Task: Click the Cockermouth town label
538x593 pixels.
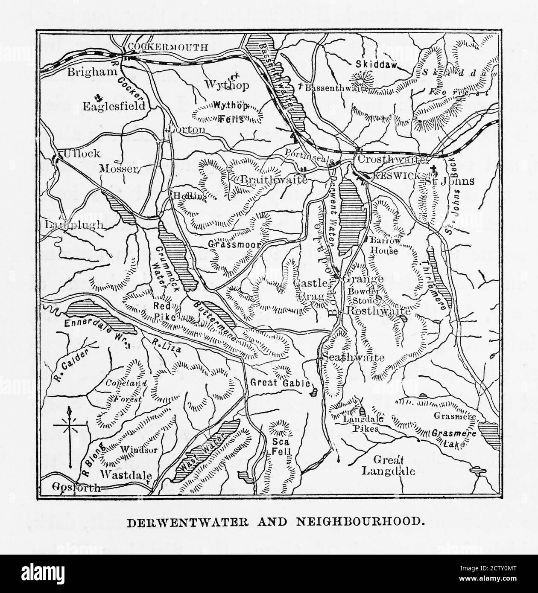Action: tap(168, 47)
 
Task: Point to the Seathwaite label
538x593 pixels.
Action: tap(354, 358)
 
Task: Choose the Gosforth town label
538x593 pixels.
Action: tap(76, 488)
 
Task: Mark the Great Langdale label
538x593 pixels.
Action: tap(388, 465)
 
